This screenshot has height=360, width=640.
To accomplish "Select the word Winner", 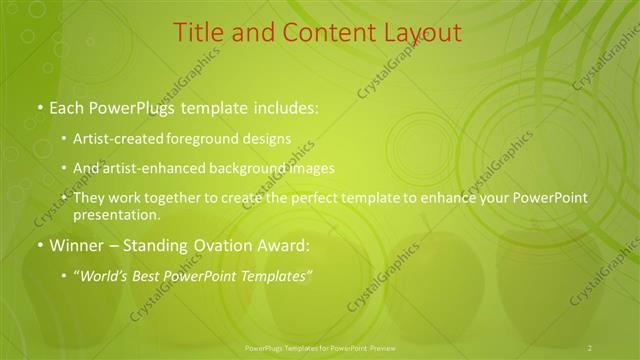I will pyautogui.click(x=78, y=245).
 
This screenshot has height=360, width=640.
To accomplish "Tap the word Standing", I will pyautogui.click(x=162, y=245).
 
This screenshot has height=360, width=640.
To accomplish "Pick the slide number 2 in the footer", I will pyautogui.click(x=590, y=347).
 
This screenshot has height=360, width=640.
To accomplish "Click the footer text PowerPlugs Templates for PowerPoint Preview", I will pyautogui.click(x=320, y=347).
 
